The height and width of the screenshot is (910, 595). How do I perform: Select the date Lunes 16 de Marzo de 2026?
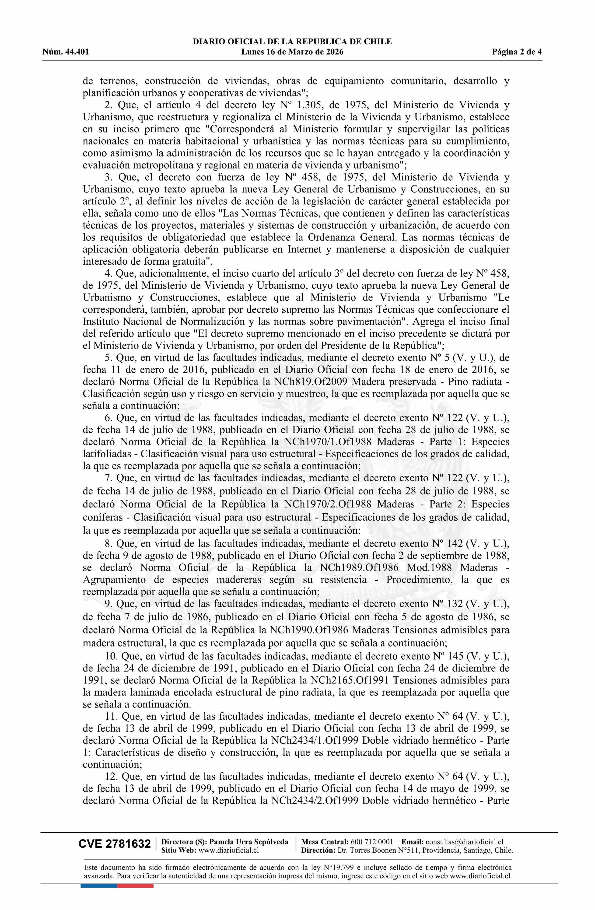292,52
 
